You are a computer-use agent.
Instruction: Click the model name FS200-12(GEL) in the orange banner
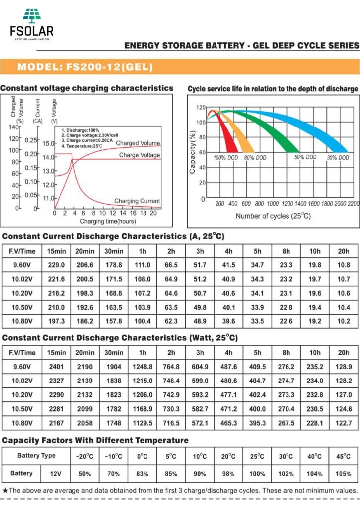(85, 67)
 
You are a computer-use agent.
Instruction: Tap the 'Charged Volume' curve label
(138, 143)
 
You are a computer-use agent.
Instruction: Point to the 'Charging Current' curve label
(137, 201)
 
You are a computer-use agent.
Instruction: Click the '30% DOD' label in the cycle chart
(335, 157)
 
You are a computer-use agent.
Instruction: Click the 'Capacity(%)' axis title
(193, 152)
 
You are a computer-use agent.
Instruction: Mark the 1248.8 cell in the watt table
(143, 367)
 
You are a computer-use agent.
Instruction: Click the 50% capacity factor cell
(85, 474)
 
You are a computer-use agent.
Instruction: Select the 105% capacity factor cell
(343, 474)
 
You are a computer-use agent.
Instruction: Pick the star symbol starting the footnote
(5, 490)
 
